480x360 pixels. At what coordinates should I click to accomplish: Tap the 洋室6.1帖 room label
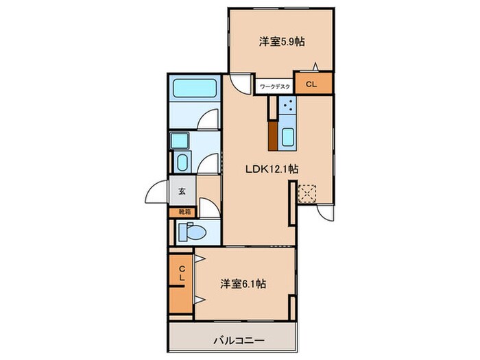(243, 283)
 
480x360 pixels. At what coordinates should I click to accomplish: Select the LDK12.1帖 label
(272, 167)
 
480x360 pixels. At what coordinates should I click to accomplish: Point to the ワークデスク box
(275, 86)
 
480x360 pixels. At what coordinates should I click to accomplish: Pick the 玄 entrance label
(182, 192)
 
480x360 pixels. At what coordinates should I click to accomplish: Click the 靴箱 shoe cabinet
(183, 213)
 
